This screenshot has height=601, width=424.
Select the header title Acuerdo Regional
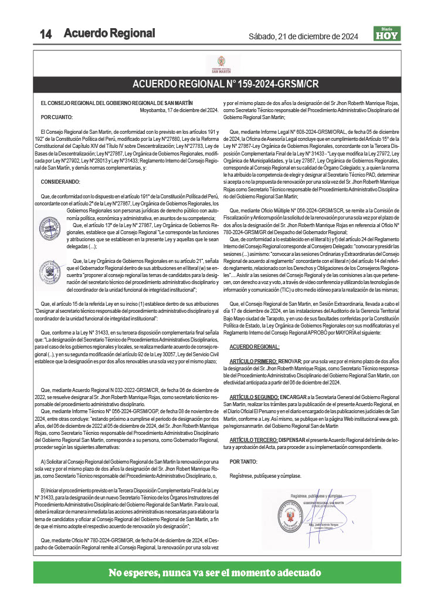(110, 33)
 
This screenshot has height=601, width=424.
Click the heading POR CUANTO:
(55, 117)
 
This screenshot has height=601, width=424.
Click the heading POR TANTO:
(243, 461)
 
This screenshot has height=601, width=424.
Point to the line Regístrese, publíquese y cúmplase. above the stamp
(265, 475)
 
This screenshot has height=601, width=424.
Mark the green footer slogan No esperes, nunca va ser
(215, 572)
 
